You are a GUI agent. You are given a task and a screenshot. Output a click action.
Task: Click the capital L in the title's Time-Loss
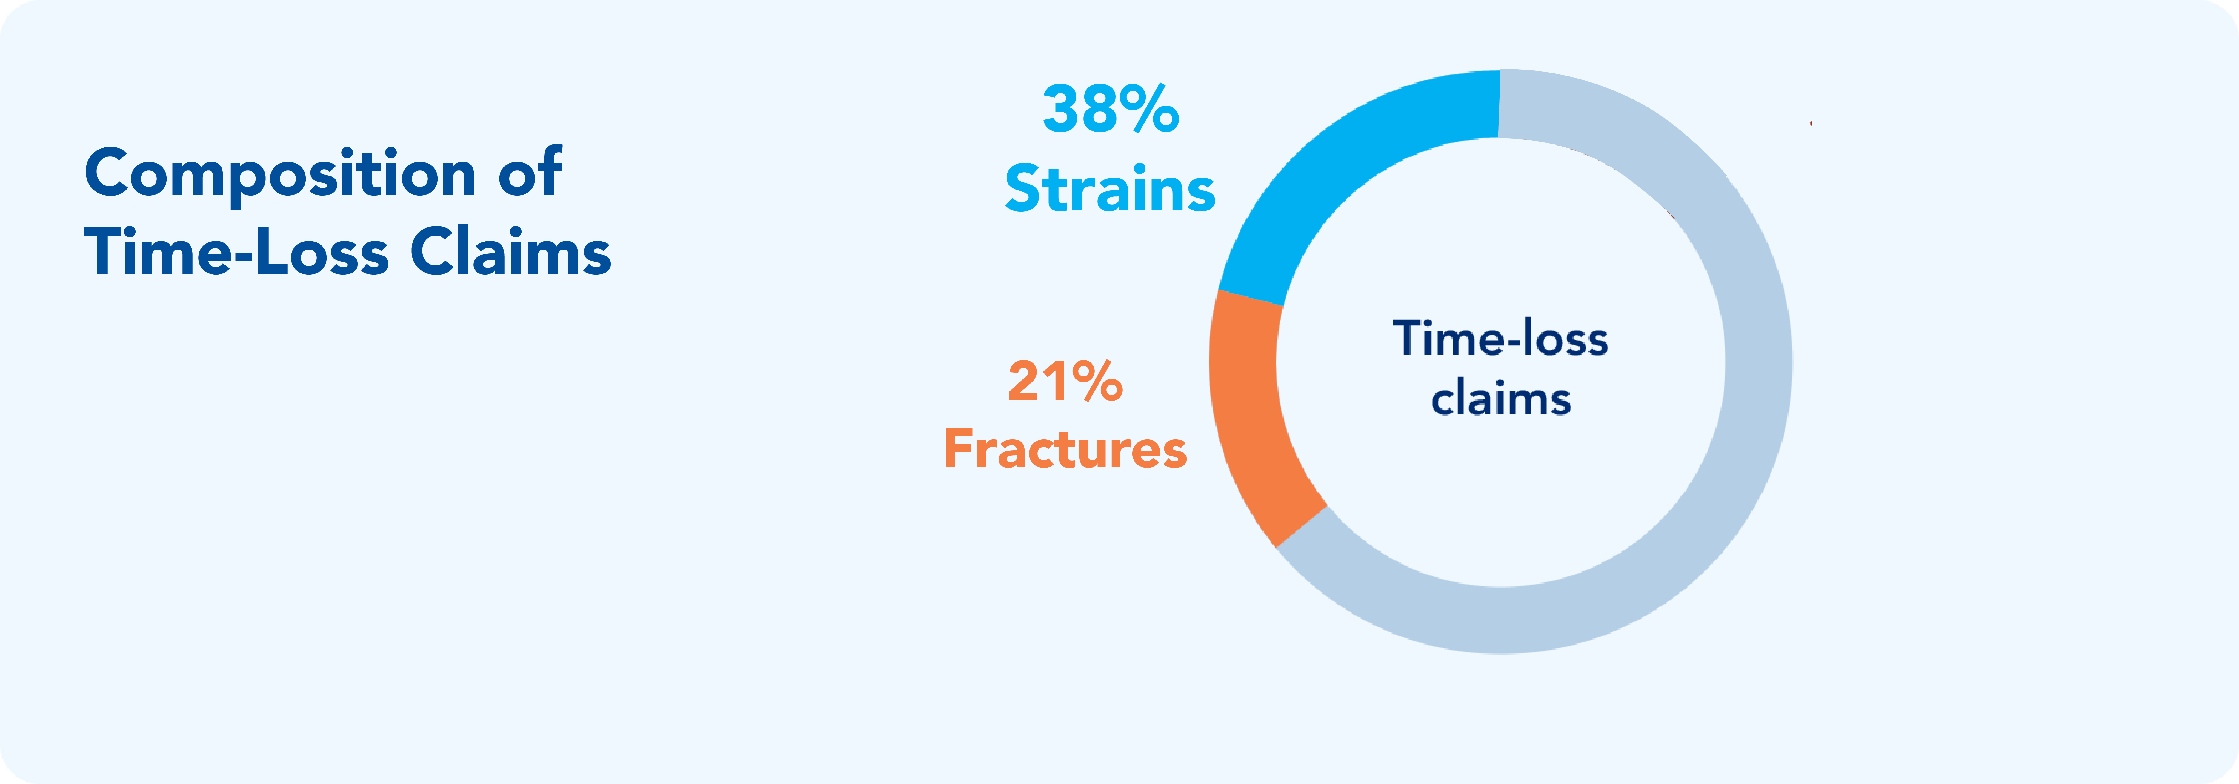(275, 251)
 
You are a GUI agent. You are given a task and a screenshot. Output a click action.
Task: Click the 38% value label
(1111, 110)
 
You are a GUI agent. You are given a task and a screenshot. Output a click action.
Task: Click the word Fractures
(1065, 449)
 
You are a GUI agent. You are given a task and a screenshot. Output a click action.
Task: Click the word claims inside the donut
(1501, 399)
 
